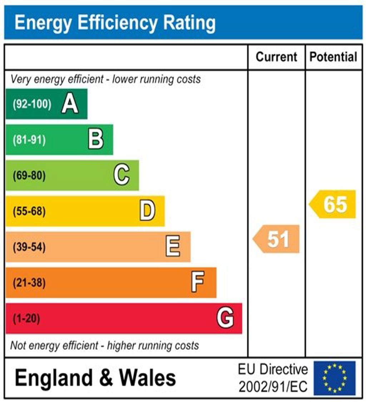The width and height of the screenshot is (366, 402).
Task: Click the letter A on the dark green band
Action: pyautogui.click(x=70, y=104)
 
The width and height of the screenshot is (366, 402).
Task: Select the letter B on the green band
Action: pyautogui.click(x=96, y=139)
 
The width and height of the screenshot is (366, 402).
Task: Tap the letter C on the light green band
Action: pyautogui.click(x=122, y=175)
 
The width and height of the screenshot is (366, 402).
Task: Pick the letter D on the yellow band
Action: pyautogui.click(x=147, y=211)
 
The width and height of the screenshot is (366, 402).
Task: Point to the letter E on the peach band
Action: pyautogui.click(x=173, y=247)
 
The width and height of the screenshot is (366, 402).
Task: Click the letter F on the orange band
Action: pyautogui.click(x=198, y=283)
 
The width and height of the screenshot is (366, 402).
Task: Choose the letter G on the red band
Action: pyautogui.click(x=225, y=318)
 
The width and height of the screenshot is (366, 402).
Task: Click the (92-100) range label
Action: pyautogui.click(x=32, y=104)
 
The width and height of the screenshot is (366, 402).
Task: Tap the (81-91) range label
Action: pyautogui.click(x=29, y=140)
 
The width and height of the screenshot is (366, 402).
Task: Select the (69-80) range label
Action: pyautogui.click(x=29, y=176)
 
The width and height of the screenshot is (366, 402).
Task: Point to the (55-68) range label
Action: pyautogui.click(x=29, y=211)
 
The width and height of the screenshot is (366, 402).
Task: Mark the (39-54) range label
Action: pyautogui.click(x=29, y=247)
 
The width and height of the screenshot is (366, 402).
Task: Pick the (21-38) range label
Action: pyautogui.click(x=29, y=283)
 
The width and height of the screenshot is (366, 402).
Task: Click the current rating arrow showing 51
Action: pyautogui.click(x=277, y=239)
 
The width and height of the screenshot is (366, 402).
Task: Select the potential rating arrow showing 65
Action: pyautogui.click(x=333, y=204)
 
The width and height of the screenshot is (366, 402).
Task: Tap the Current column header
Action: pyautogui.click(x=277, y=57)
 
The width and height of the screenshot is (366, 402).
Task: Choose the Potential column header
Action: pyautogui.click(x=333, y=57)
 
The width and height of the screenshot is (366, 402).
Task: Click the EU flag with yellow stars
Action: pyautogui.click(x=335, y=378)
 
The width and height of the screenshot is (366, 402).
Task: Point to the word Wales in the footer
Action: pyautogui.click(x=147, y=378)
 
